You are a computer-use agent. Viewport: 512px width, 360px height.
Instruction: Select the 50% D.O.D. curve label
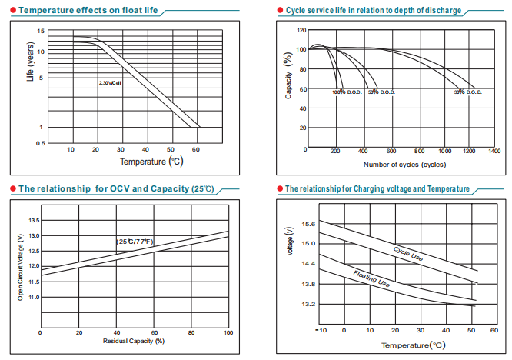(x=381, y=92)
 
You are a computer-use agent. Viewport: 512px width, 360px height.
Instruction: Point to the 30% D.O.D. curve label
(x=468, y=92)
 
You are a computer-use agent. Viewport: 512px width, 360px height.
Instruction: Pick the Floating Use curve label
(x=371, y=278)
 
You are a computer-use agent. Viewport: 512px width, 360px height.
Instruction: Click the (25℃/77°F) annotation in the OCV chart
(x=135, y=242)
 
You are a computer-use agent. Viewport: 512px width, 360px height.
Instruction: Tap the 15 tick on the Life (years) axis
(x=40, y=31)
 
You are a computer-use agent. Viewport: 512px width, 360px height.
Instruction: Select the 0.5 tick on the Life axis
(x=39, y=144)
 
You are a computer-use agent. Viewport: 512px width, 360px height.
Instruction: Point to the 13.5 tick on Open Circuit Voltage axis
(x=33, y=220)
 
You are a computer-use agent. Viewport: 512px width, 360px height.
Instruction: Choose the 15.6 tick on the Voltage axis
(x=308, y=224)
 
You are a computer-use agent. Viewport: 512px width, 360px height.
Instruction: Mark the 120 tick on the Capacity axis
(x=301, y=30)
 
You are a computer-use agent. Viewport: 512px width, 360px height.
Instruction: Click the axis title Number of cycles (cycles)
(x=404, y=165)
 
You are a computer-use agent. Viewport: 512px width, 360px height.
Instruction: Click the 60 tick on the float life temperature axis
(x=196, y=148)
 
